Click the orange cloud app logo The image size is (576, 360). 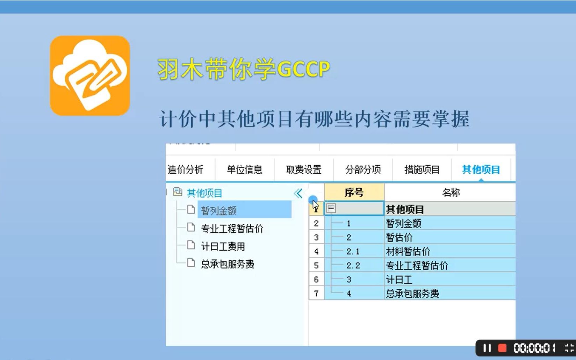pos(90,75)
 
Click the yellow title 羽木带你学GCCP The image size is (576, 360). pos(244,69)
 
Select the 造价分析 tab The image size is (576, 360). pos(186,170)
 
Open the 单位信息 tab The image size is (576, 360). pos(244,170)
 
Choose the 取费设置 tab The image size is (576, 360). pos(303,170)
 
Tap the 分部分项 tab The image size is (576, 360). pos(363,170)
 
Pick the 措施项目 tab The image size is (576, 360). pos(422,170)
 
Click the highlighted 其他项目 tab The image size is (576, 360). pos(481,170)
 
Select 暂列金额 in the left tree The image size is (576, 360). pos(219,210)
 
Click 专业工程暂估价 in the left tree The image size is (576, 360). pos(232,229)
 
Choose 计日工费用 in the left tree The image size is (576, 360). pos(223,246)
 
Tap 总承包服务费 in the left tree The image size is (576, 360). pos(228,264)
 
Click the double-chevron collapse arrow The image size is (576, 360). pos(298,193)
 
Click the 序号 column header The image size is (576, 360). pos(354,193)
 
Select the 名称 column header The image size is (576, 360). pos(451,193)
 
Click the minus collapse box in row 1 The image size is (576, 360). pos(331,209)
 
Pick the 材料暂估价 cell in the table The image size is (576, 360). pos(408,251)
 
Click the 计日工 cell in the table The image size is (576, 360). pos(399,280)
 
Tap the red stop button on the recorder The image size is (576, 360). pos(502,348)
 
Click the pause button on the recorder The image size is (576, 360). pos(487,348)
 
